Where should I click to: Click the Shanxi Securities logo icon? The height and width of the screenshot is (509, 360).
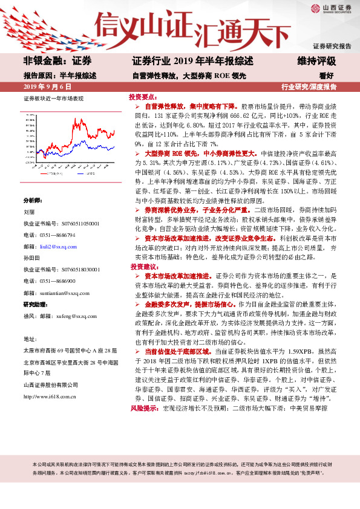pos(314,8)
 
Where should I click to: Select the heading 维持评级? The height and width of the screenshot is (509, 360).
pos(316,62)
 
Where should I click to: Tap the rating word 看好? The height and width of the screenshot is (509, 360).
pos(327,76)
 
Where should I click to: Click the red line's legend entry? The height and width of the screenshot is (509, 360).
pos(51,173)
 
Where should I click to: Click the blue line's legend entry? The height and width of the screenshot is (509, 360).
pos(79,173)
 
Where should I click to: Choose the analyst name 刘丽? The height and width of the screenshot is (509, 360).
pos(29,212)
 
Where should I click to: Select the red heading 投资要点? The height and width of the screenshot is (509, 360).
pos(143,97)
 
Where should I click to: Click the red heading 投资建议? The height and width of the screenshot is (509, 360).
pos(143,267)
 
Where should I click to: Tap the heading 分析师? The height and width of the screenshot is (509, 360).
pos(32,200)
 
